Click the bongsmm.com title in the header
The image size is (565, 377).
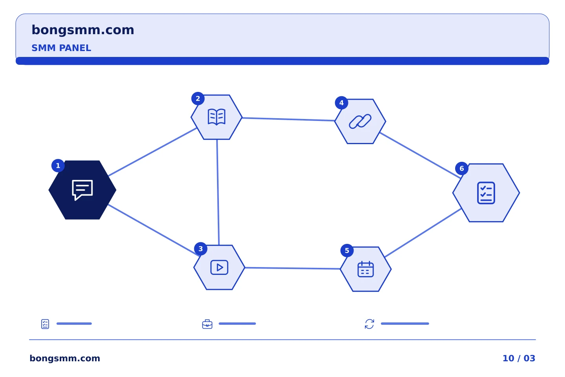tap(83, 30)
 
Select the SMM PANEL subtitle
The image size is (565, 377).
tap(61, 48)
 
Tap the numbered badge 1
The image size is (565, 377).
tap(58, 166)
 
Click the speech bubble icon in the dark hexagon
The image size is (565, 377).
tap(82, 190)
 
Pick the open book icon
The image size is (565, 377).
tap(217, 117)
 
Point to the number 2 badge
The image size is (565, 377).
tap(198, 99)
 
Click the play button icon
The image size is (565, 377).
tap(219, 267)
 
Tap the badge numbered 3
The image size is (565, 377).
tap(201, 249)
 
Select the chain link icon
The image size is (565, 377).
tap(360, 121)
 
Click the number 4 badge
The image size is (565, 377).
tap(341, 103)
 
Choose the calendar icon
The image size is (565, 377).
tap(366, 269)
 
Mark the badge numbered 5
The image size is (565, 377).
tap(347, 251)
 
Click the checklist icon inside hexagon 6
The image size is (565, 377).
tap(486, 193)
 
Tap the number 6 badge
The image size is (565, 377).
tap(462, 168)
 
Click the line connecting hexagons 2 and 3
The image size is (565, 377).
tap(218, 192)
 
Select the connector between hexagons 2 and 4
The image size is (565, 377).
tap(288, 119)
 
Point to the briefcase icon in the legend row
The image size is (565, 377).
tap(207, 324)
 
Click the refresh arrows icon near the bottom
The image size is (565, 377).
tap(369, 324)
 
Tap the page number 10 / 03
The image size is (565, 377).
tap(519, 358)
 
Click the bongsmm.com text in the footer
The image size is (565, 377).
tap(65, 358)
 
